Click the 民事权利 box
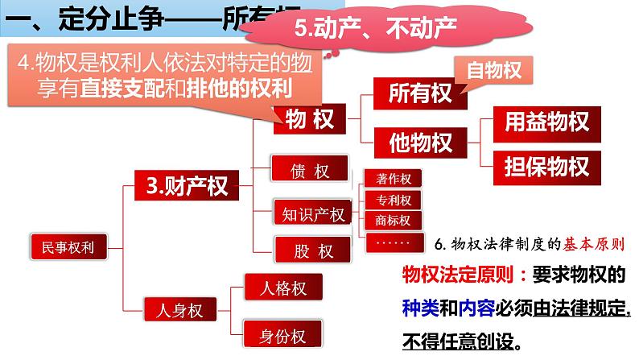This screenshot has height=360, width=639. pos(60,247)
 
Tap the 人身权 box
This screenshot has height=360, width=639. pos(174,309)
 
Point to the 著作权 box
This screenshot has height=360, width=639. pos(394,180)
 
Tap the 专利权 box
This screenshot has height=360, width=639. pos(394,200)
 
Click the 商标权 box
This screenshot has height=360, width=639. pos(394,220)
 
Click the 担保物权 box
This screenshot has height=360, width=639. pos(546,167)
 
